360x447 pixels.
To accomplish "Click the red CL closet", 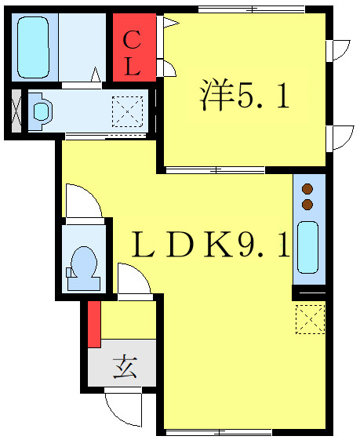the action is pos(134,47).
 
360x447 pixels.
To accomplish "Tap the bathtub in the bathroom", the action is pos(34,47).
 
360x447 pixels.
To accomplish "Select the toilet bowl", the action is pos(84,268).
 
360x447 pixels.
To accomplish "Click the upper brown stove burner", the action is pos(307,189).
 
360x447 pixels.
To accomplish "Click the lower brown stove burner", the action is pos(307,204).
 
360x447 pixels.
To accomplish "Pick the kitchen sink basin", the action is pos(307,247).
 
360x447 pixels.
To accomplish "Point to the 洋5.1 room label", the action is pos(245,94).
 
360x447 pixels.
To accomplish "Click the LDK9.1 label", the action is pos(211,244).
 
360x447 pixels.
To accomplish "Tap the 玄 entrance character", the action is pos(125,366).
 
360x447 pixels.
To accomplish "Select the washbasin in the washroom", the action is pos(41,111).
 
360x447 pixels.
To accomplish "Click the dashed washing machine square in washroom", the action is pos(127,111).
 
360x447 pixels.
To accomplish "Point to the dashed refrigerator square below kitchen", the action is pos(310,319).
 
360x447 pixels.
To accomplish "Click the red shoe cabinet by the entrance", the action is pos(94,324).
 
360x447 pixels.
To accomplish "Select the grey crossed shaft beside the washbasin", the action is pos(16,111).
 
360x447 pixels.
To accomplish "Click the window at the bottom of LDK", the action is pos(219,432).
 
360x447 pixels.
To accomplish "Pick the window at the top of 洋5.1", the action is pos(252,9).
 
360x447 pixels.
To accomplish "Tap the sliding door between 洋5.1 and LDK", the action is pos(216,170).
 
